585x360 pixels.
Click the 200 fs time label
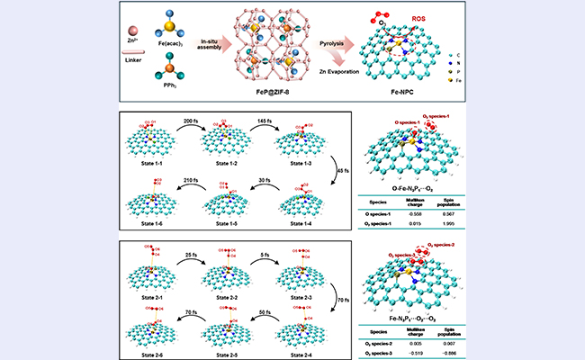[188, 120]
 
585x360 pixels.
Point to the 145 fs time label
[262, 120]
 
